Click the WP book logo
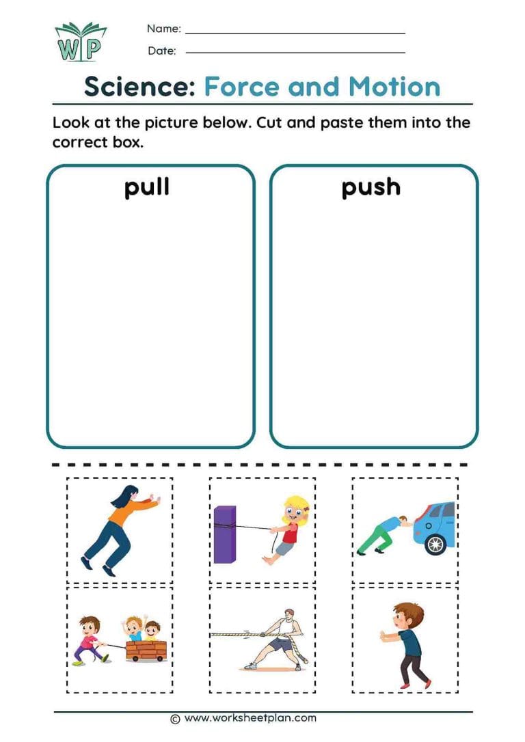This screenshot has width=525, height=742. click(x=81, y=42)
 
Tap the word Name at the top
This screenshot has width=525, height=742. click(x=164, y=29)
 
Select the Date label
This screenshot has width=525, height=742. click(x=161, y=51)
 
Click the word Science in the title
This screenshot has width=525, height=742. click(x=139, y=87)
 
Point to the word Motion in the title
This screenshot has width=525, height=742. click(x=394, y=87)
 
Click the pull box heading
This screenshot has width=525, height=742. click(x=147, y=187)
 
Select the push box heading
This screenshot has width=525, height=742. click(x=371, y=187)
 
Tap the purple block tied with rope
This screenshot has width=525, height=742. click(x=224, y=534)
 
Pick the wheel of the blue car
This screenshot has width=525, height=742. click(x=435, y=544)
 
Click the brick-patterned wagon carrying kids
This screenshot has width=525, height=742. click(x=146, y=650)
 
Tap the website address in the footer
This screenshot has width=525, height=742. click(x=251, y=717)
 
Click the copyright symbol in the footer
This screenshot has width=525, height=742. click(x=175, y=718)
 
